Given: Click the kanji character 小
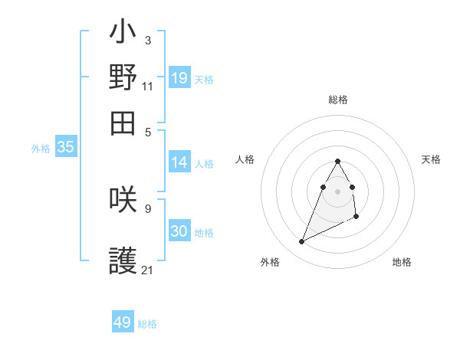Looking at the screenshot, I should tap(123, 32).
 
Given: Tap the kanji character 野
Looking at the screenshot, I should tap(123, 77).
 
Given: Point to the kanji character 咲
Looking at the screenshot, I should tap(123, 199).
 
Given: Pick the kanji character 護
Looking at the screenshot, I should tap(123, 262).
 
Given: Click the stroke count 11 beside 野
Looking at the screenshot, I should tap(147, 87).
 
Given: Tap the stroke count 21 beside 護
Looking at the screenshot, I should tap(147, 270).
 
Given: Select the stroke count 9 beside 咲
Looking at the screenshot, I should tap(147, 208).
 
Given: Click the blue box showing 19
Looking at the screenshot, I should tap(179, 78).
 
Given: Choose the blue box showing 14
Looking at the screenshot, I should tap(179, 162).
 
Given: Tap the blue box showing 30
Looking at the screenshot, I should tap(179, 231).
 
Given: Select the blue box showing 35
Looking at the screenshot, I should tap(65, 148).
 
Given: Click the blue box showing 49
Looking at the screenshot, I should tap(123, 322).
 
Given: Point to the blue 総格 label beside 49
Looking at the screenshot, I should tap(147, 324).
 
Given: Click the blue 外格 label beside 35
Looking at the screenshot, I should tap(40, 149).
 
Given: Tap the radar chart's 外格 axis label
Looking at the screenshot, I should tap(270, 262).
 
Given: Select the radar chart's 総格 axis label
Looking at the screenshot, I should tap(337, 100).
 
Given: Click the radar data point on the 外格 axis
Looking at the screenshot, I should tap(302, 242).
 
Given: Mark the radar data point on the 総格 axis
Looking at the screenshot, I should tap(337, 161).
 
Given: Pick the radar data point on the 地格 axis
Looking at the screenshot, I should tap(357, 218).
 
